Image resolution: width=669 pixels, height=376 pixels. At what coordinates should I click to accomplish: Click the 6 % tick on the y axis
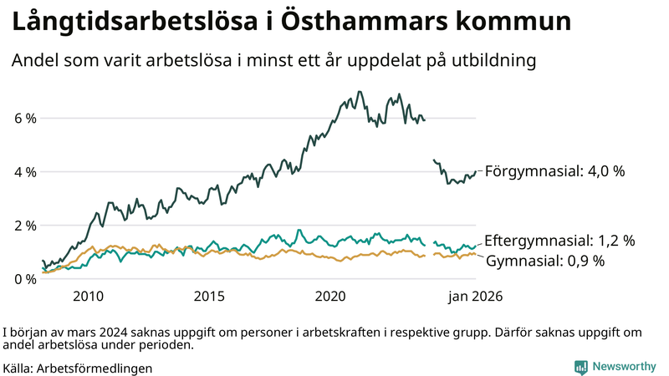coord(25,119)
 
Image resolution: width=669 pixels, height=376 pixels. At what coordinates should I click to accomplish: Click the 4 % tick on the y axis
coord(25,172)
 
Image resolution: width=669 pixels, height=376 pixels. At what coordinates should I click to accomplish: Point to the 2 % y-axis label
coord(25,226)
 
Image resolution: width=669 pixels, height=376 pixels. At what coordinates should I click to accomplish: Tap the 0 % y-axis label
coord(25,279)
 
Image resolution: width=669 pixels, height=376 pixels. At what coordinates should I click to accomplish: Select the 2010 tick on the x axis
coord(88,297)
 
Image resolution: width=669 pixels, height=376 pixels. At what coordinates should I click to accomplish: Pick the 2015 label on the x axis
coord(209,297)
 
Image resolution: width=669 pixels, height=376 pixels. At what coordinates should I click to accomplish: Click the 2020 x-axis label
coord(330,297)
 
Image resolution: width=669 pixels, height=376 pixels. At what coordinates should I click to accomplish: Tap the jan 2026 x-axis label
coord(474,297)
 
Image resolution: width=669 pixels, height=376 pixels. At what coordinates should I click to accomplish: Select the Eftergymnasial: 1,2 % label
coord(559,241)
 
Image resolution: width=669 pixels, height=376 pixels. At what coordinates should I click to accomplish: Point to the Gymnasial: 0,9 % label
coord(544,261)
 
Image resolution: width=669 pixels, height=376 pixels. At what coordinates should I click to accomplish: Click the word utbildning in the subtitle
coord(488,61)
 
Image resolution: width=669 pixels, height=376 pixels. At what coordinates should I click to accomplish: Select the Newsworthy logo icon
coord(580,367)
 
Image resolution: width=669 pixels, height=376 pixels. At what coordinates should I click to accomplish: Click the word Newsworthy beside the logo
coord(625,367)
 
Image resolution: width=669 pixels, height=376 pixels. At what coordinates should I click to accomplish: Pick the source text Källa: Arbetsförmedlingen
coord(78,368)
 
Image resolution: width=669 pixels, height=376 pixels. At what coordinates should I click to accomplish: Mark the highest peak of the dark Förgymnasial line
coord(360,92)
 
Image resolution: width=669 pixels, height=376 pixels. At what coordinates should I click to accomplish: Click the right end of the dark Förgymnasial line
coord(476,171)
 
